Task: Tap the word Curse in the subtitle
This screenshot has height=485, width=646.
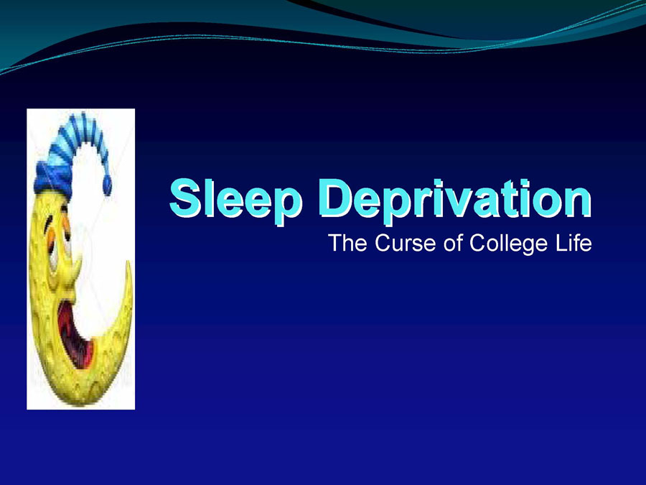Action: [x=405, y=243]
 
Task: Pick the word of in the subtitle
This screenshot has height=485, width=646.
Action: [x=452, y=243]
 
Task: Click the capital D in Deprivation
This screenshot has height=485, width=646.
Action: [x=335, y=198]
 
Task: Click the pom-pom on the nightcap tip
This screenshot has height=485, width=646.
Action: [x=107, y=185]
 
